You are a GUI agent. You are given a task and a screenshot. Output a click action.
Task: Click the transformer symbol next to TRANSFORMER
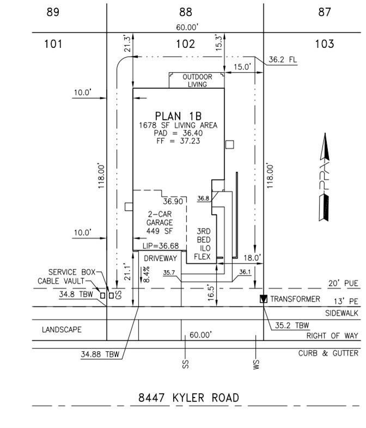click(264, 299)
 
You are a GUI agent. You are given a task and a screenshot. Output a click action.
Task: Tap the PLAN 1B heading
click(178, 117)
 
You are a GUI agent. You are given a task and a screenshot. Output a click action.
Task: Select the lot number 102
click(185, 44)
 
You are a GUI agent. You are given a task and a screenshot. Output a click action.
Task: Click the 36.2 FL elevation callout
click(283, 59)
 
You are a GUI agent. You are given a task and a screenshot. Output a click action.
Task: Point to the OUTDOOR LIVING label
click(197, 81)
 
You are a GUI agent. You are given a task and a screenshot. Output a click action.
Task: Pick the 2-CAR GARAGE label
click(160, 218)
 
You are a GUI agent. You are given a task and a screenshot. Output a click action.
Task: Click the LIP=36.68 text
click(161, 246)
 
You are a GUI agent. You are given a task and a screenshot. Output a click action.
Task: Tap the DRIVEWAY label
click(160, 258)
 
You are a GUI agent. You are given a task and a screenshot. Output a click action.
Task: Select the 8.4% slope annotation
click(146, 274)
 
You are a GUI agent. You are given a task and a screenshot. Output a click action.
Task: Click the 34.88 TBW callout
click(100, 354)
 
